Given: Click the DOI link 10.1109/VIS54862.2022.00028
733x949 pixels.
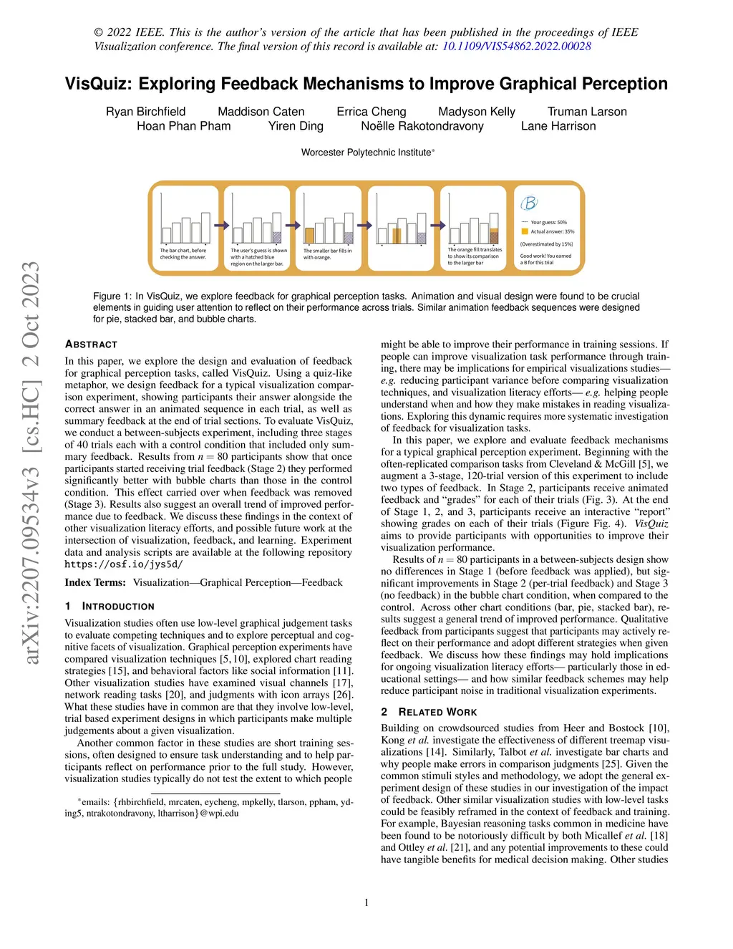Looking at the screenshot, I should (x=516, y=47).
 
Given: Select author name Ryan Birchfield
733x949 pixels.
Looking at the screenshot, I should (x=145, y=112).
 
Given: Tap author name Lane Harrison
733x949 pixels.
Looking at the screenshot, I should (x=558, y=126).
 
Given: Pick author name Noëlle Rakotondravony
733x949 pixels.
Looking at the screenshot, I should (x=422, y=126).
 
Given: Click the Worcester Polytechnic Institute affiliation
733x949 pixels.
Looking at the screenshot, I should (x=366, y=153).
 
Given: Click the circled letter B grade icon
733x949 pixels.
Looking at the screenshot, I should (x=529, y=203).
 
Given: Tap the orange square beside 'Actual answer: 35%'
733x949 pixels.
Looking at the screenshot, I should (x=525, y=231).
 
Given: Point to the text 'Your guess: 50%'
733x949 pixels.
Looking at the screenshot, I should (x=548, y=222).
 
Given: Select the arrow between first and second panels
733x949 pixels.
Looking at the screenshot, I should (x=221, y=226).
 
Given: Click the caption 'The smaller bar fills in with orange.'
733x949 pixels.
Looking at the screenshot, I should (x=327, y=254).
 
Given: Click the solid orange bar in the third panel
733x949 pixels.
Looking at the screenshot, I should (x=310, y=236).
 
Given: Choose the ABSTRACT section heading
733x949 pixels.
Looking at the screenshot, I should (x=91, y=345).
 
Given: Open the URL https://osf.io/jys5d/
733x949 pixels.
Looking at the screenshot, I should (x=124, y=564).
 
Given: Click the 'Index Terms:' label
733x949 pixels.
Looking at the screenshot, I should (x=95, y=583).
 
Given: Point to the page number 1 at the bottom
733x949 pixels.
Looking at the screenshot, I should (x=366, y=902).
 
